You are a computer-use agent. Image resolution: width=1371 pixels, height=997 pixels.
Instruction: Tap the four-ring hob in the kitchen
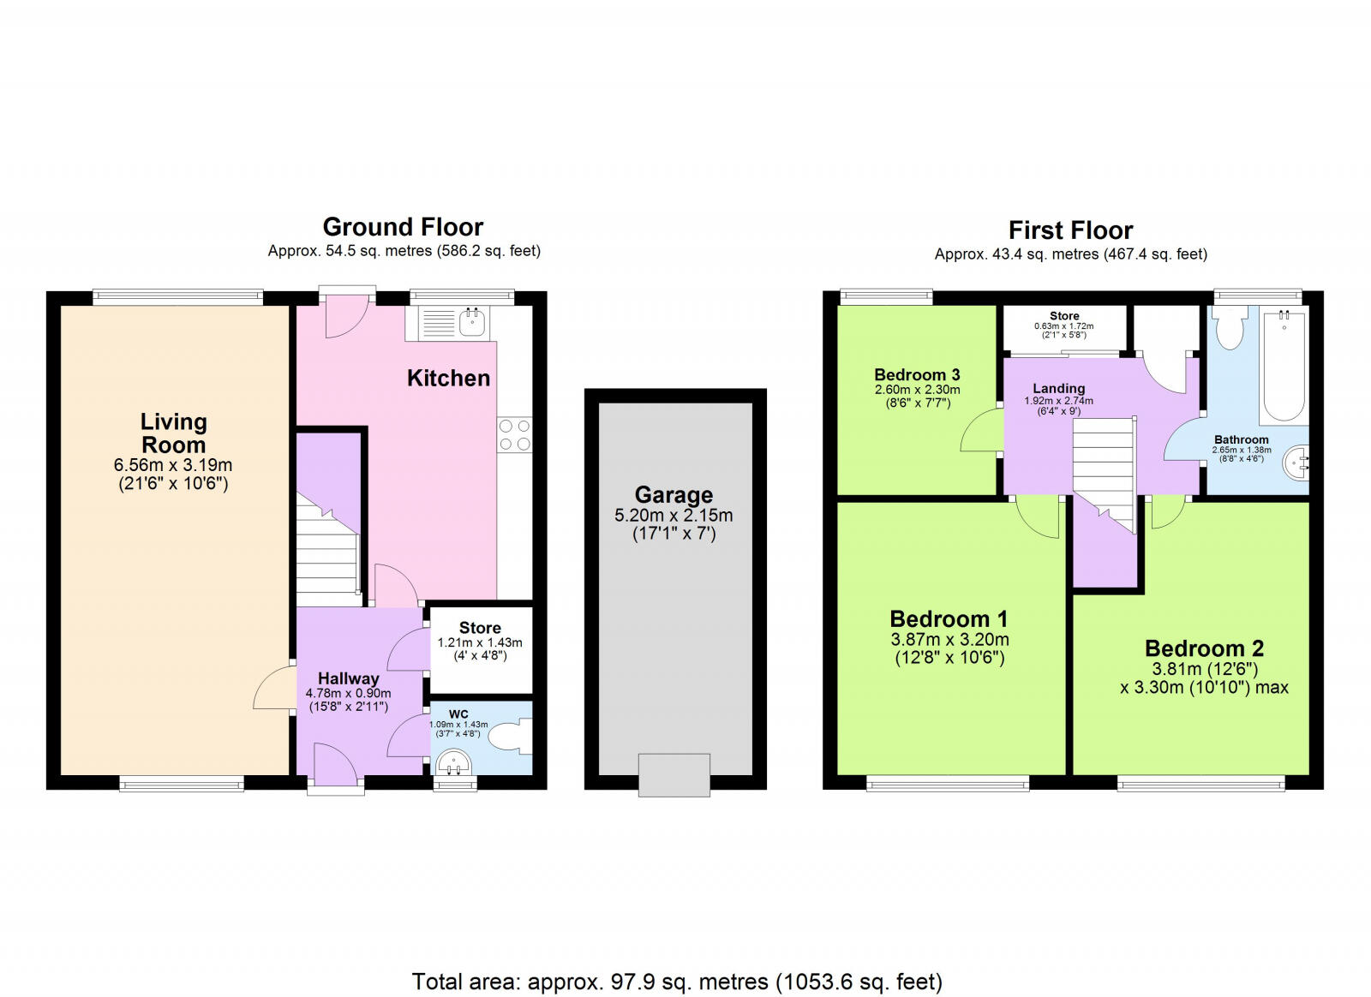514,435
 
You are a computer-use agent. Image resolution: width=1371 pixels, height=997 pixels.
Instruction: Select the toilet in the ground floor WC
511,737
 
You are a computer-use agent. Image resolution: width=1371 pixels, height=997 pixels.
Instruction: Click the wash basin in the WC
453,762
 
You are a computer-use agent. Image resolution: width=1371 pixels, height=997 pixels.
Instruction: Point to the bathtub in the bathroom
1284,365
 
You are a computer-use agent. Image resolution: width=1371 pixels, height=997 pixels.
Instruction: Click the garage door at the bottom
674,775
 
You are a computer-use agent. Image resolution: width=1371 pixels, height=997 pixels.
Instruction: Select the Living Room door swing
273,688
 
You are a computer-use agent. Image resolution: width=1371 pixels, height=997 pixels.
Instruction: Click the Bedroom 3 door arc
980,431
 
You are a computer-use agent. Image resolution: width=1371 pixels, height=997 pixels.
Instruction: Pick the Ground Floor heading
403,227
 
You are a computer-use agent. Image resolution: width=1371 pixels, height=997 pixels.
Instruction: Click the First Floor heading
1070,230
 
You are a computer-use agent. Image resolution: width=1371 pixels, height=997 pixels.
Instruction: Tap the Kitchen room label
449,378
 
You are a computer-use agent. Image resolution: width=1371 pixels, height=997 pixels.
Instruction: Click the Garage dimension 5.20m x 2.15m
674,515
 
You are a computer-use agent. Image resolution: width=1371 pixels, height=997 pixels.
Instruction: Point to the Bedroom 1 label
949,619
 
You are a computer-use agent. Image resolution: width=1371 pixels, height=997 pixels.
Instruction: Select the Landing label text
1059,388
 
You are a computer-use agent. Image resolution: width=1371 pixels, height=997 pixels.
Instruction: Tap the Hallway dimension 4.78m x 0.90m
348,694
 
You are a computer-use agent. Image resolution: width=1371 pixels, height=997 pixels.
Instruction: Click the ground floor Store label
480,628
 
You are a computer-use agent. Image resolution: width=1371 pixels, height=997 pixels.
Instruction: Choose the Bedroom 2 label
1204,648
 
